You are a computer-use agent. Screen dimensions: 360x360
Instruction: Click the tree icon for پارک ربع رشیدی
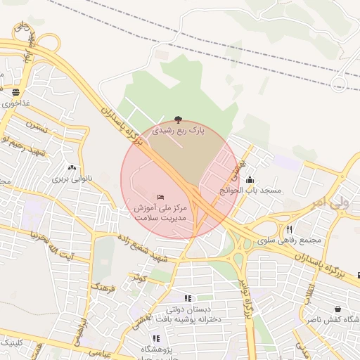(178, 120)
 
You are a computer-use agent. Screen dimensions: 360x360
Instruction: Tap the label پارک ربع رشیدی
(178, 131)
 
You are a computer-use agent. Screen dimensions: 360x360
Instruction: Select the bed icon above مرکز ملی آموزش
(161, 196)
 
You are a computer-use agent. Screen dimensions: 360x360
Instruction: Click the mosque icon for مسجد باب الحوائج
(250, 179)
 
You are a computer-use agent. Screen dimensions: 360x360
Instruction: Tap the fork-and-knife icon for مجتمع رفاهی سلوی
(288, 229)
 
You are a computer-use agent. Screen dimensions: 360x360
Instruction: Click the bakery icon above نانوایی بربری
(71, 168)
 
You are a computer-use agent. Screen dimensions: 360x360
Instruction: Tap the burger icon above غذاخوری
(15, 92)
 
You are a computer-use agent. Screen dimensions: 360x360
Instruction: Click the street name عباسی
(100, 354)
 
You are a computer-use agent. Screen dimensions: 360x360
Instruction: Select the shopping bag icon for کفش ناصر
(338, 309)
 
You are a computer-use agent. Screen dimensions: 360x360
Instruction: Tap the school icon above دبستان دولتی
(187, 298)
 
